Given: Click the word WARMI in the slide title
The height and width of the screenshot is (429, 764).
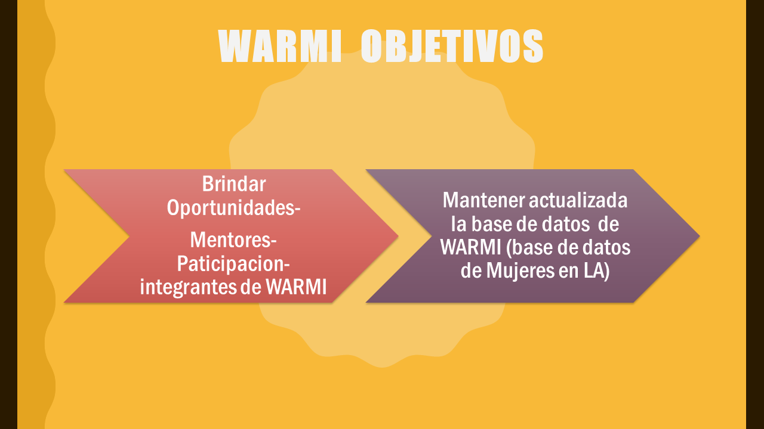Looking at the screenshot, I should [x=280, y=46].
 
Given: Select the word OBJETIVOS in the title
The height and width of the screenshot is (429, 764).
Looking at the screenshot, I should [x=452, y=46].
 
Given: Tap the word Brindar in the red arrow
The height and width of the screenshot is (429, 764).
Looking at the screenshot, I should [x=233, y=184].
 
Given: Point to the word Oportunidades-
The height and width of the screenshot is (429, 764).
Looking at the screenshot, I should [x=233, y=207].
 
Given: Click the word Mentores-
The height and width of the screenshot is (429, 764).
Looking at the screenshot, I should [x=233, y=241].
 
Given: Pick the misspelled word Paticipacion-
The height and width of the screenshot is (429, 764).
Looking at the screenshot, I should [x=233, y=264].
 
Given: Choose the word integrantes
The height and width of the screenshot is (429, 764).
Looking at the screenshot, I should [x=189, y=287].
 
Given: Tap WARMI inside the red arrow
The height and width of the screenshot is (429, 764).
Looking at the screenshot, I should [x=296, y=287].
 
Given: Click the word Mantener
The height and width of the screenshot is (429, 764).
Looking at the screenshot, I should [x=483, y=201].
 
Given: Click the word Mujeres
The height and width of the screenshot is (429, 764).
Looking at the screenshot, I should [x=527, y=271].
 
